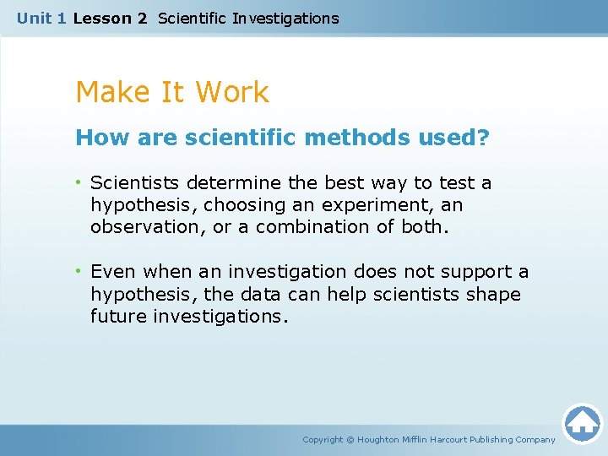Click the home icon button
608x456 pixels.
[582, 423]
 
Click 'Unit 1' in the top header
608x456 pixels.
[41, 18]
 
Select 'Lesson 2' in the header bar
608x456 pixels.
[110, 18]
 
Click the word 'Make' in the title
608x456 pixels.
[110, 92]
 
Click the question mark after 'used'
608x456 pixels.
[483, 138]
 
